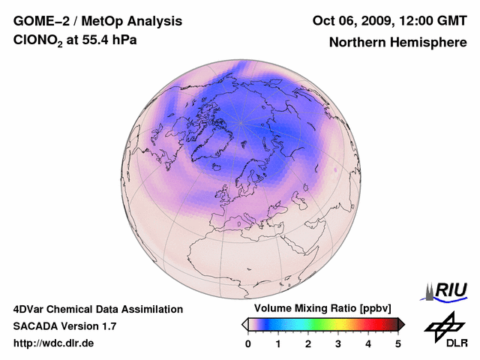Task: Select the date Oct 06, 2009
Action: (351, 20)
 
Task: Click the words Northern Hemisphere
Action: (397, 42)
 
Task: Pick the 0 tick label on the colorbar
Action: (248, 343)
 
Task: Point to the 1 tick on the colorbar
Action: (278, 343)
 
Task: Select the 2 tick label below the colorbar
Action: (308, 343)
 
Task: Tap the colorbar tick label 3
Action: (338, 343)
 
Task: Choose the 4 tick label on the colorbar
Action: (368, 343)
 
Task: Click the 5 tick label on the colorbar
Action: (398, 343)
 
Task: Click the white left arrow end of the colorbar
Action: (244, 324)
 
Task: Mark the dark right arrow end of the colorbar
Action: (402, 324)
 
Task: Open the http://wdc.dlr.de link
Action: (54, 343)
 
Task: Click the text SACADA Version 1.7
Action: (64, 326)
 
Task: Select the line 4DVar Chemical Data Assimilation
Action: (97, 309)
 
